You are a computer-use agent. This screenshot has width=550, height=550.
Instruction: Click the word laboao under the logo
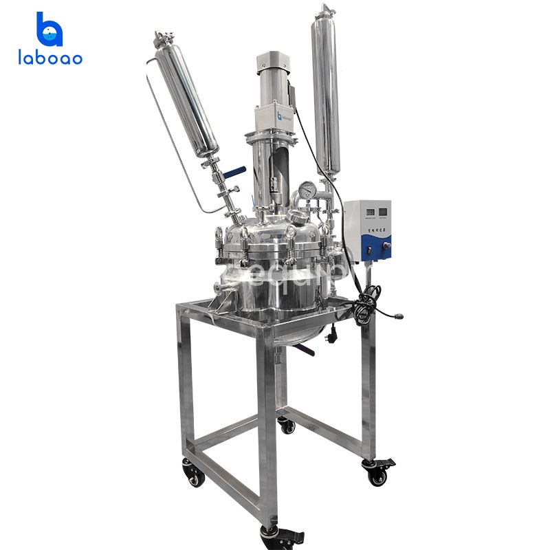pos(49,59)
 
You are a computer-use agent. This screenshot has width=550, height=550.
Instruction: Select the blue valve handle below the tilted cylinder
pos(238,170)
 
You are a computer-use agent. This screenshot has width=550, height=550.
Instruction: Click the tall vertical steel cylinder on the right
pos(326,89)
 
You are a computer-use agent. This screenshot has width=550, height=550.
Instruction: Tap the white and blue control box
pos(367,230)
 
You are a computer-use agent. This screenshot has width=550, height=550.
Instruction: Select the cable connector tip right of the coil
pos(400,318)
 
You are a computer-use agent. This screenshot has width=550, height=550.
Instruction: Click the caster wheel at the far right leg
pos(378,474)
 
